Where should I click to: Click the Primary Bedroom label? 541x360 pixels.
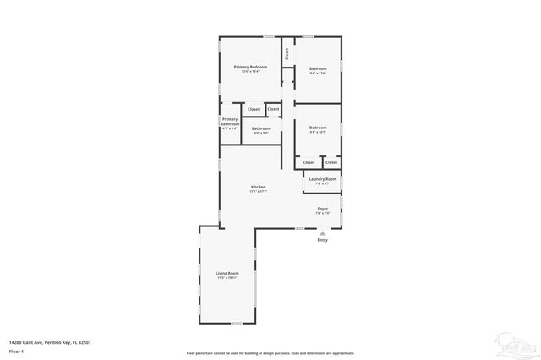click(251, 67)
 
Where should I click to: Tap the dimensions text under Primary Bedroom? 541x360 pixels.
click(251, 72)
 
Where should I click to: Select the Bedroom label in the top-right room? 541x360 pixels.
click(318, 68)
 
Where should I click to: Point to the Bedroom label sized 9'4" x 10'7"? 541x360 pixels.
click(318, 128)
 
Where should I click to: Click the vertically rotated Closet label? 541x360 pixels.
click(287, 53)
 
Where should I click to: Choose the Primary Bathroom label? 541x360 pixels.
click(230, 122)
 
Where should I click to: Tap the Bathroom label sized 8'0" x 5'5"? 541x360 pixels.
click(261, 128)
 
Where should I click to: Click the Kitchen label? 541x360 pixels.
click(259, 187)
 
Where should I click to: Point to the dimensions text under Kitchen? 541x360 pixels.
click(259, 192)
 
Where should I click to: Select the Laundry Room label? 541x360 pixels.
click(323, 179)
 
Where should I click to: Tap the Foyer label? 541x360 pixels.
click(323, 209)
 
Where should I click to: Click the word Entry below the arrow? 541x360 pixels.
click(322, 241)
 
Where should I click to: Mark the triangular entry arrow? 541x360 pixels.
click(322, 233)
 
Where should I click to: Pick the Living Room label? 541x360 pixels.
click(227, 273)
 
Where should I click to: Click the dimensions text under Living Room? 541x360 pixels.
click(227, 278)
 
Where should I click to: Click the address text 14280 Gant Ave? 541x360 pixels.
click(50, 341)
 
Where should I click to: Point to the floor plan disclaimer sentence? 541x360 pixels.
click(270, 352)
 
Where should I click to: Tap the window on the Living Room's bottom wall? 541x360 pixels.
click(239, 325)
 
